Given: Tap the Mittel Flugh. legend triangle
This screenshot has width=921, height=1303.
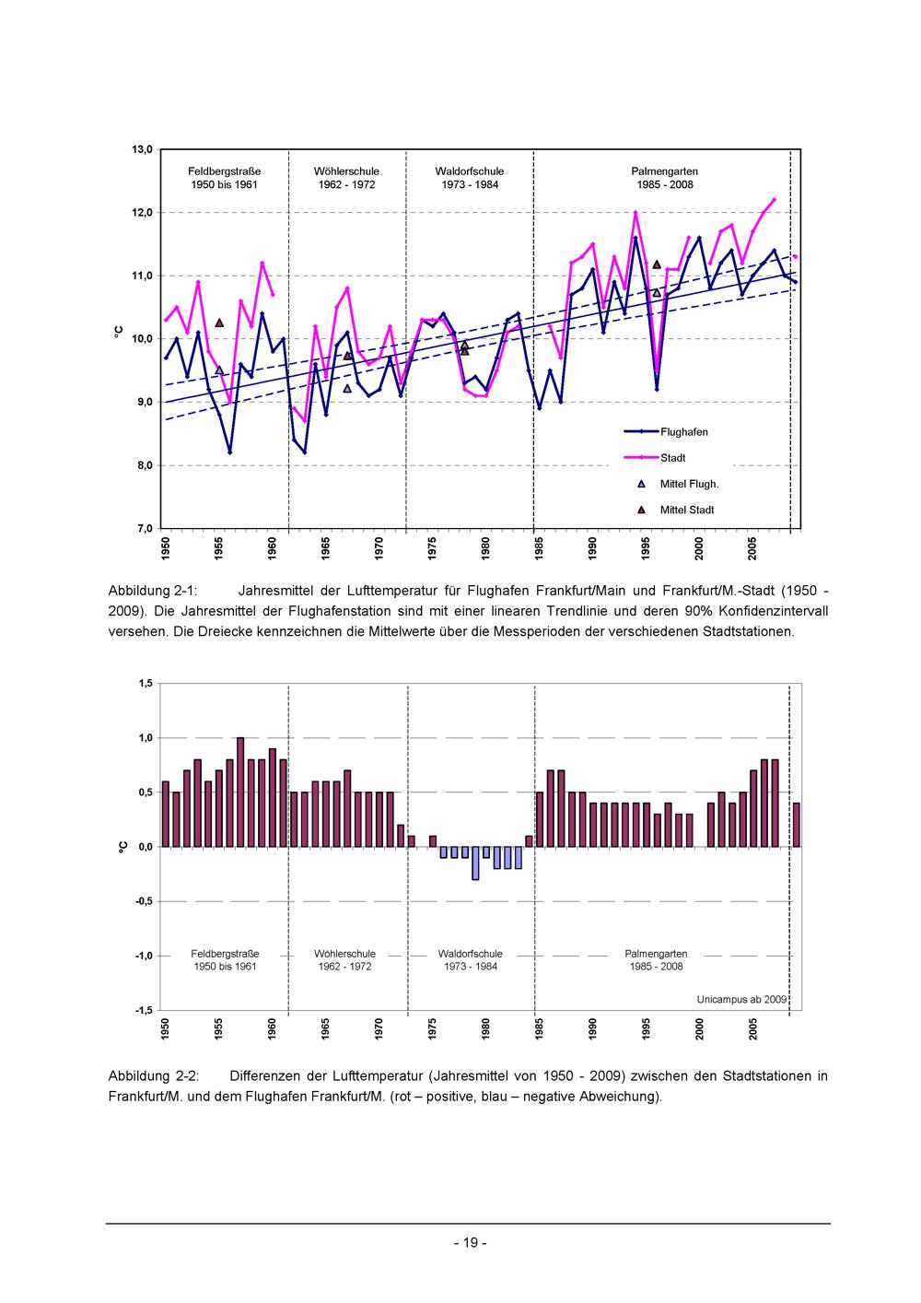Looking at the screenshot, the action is coord(641,484).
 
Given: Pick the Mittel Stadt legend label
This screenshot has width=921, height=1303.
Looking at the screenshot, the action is coord(687,511).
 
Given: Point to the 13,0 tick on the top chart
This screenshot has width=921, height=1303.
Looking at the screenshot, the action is coord(142,149).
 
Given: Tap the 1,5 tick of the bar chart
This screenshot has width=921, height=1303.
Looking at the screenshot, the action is coord(145,683).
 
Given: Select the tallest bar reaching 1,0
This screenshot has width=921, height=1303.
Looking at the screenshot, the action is coord(240,792).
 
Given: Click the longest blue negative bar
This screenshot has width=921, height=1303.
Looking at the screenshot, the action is coord(475,863).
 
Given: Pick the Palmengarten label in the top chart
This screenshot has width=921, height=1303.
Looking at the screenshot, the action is coord(665,171).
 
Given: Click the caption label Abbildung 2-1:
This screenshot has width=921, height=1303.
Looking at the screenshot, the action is coord(153,591).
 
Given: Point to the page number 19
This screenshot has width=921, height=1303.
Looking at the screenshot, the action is coord(471,1242).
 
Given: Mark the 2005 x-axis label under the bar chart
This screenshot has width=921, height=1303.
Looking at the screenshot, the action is coord(753,1029).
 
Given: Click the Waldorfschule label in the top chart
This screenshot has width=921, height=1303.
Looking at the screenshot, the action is coord(470,171).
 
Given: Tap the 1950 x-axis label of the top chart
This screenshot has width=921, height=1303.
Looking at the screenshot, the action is coord(166,549).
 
